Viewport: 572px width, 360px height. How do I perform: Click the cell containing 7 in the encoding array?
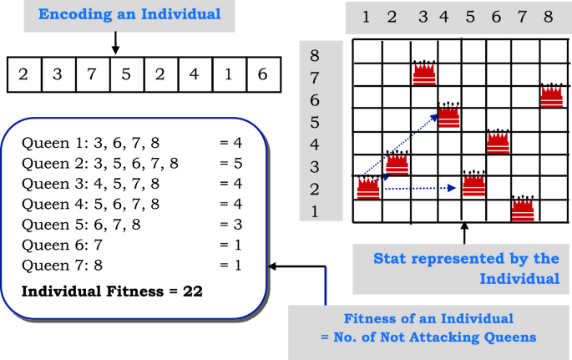click(x=91, y=74)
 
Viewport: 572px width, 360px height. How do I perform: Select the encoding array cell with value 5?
click(x=125, y=74)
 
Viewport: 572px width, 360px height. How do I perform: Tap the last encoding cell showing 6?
click(x=261, y=74)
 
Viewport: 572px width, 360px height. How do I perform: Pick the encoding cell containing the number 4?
click(x=194, y=74)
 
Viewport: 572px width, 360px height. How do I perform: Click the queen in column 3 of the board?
click(x=424, y=73)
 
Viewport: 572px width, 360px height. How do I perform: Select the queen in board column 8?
click(x=550, y=95)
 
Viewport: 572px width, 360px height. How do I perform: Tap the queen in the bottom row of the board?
click(x=524, y=209)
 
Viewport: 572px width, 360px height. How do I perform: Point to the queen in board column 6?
click(x=498, y=141)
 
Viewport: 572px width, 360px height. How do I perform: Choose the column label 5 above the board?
click(x=470, y=17)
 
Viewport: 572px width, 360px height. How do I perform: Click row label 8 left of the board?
click(x=315, y=56)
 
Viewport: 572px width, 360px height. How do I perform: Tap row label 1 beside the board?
click(x=315, y=210)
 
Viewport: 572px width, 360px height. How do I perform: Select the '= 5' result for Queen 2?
click(x=230, y=163)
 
